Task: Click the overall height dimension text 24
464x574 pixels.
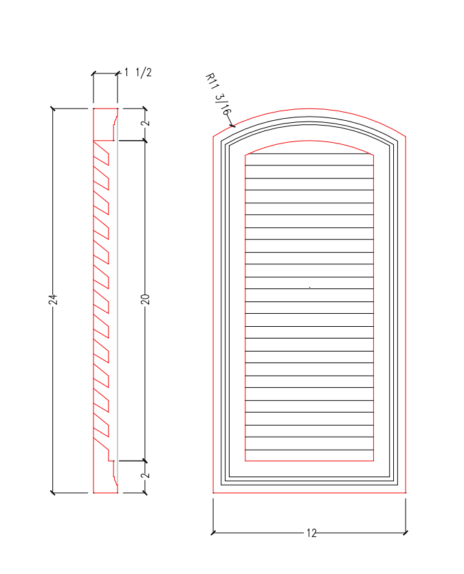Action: tap(53, 299)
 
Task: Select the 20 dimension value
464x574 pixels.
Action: tap(144, 299)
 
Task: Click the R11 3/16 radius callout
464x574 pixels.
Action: tap(219, 94)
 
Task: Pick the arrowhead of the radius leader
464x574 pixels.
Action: tap(234, 126)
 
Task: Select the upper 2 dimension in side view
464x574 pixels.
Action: tap(144, 124)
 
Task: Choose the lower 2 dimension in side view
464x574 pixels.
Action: tap(144, 476)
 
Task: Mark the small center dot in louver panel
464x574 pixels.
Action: tap(310, 287)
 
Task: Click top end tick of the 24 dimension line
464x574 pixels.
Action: tap(53, 108)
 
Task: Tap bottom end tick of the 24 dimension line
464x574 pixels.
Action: tap(53, 492)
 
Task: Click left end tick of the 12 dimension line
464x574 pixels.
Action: tap(213, 532)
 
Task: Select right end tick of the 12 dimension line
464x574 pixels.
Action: tap(406, 532)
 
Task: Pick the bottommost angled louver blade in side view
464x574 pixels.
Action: tap(102, 430)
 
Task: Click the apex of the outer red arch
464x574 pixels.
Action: tap(309, 109)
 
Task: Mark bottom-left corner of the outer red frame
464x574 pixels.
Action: tap(213, 492)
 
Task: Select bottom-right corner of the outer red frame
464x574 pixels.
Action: tap(406, 492)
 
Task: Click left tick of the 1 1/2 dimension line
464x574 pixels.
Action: tap(93, 73)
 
